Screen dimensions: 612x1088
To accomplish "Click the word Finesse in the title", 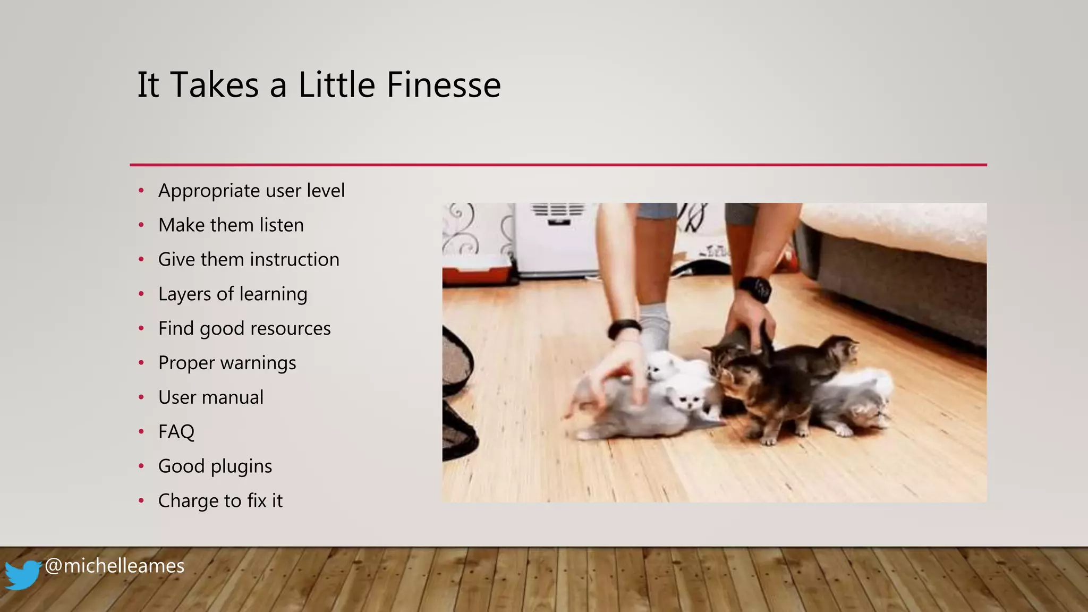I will [444, 85].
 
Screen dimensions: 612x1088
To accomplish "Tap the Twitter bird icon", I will [23, 575].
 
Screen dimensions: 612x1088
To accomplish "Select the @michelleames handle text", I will [115, 566].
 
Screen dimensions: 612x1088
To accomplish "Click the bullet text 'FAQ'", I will [176, 432].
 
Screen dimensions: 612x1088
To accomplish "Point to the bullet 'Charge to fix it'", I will [220, 501].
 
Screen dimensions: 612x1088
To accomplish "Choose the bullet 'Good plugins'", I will [215, 466].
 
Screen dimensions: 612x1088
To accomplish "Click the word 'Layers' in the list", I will [184, 294].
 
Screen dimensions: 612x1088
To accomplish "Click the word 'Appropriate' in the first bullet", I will [209, 191].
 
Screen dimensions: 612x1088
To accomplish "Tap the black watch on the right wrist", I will [755, 289].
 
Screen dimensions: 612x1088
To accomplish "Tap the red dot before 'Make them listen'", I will [141, 225].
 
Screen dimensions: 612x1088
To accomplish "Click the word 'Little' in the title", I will [337, 85].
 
